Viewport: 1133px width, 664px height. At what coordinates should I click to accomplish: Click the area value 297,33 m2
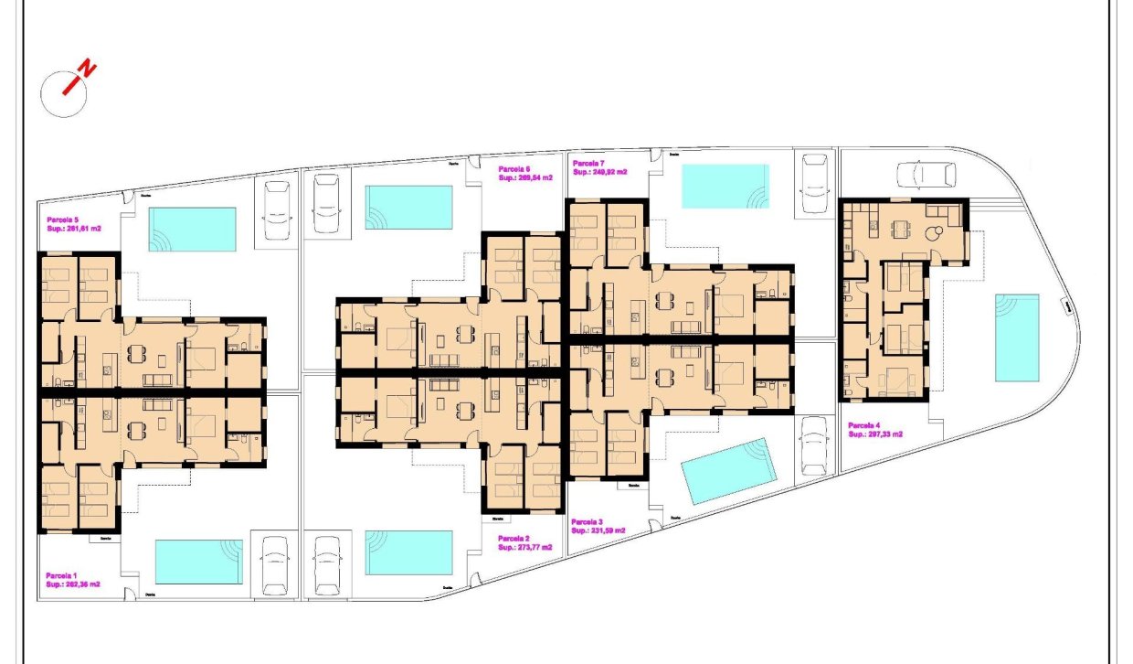[x=875, y=434]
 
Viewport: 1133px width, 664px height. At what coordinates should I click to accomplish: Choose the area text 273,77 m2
[x=525, y=548]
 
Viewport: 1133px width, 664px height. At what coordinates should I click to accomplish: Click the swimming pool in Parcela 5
[x=192, y=229]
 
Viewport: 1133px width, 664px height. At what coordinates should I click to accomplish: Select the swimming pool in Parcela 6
[x=408, y=208]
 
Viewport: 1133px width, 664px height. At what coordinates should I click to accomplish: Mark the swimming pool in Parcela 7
[x=725, y=186]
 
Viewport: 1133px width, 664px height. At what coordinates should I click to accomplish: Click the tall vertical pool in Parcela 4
[x=1016, y=337]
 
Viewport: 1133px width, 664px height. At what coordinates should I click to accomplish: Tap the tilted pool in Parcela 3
[x=728, y=471]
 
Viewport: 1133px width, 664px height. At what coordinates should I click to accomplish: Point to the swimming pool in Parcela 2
[x=408, y=552]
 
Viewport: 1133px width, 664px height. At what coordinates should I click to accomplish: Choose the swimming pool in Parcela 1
[x=198, y=562]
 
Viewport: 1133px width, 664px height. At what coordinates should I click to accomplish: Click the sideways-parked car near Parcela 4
[x=926, y=174]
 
